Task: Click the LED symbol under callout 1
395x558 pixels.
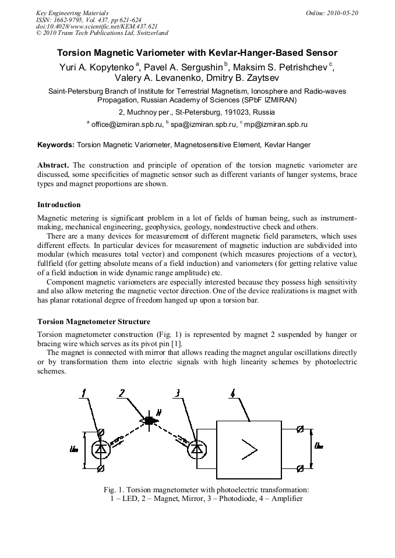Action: coord(101,449)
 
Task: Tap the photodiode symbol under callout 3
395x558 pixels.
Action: coord(198,449)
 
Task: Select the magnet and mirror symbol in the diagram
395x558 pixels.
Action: coord(150,420)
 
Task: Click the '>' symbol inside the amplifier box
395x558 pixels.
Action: coord(249,449)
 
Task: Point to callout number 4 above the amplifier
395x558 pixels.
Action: coord(233,393)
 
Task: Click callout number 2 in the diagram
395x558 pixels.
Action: coord(122,393)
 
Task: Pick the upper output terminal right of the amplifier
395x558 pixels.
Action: coord(300,429)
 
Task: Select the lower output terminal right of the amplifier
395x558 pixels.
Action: coord(300,468)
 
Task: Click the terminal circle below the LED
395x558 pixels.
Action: coord(101,468)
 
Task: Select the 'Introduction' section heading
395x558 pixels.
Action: coord(59,205)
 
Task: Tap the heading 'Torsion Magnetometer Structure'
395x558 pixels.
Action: coord(94,322)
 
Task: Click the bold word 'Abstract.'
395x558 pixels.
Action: coord(53,165)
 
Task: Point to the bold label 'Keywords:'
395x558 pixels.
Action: coord(56,144)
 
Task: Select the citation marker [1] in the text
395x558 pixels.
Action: coord(178,343)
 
